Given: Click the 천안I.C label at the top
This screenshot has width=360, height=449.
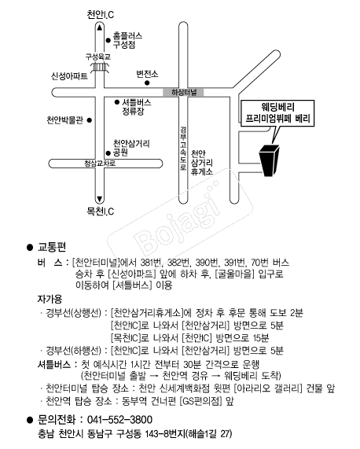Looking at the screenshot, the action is click(100, 15).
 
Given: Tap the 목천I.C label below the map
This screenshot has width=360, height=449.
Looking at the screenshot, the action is click(100, 212).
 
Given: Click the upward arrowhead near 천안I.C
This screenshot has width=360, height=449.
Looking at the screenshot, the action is click(99, 28).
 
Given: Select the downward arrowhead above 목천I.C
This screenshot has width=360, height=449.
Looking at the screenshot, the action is click(99, 199).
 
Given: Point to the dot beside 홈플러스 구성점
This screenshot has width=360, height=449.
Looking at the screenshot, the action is click(108, 40).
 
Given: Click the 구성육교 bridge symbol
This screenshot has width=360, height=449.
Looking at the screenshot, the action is click(99, 68).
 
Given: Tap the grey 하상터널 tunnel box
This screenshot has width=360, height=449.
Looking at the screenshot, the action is click(183, 92).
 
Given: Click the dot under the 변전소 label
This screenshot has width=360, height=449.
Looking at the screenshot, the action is click(147, 83).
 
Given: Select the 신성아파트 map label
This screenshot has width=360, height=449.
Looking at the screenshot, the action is click(69, 76).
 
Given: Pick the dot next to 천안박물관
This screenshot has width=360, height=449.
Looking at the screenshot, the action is click(90, 120).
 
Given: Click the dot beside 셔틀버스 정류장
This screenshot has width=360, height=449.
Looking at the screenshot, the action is click(117, 102).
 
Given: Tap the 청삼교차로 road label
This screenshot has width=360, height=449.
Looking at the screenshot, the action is click(100, 164).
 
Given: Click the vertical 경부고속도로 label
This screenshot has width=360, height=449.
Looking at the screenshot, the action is click(183, 149).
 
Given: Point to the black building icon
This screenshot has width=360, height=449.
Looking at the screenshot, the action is click(269, 160).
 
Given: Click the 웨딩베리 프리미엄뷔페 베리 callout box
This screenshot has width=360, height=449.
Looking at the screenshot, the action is click(277, 112).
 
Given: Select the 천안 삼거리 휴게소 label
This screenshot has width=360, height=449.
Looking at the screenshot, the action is click(202, 163).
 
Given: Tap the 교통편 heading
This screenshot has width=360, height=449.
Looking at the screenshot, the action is click(52, 247).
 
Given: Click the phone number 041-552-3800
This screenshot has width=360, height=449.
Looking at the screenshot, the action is click(119, 420).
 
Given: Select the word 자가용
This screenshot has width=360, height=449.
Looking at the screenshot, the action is click(50, 299).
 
